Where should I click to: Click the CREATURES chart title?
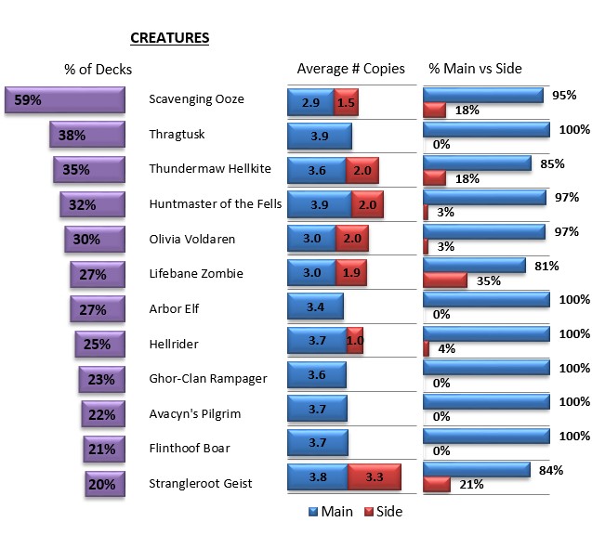pyautogui.click(x=169, y=38)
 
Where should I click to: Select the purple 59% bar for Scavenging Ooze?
pyautogui.click(x=65, y=101)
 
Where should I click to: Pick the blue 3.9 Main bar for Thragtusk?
pyautogui.click(x=319, y=136)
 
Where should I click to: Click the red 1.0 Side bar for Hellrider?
pyautogui.click(x=354, y=341)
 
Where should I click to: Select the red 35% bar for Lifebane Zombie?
pyautogui.click(x=444, y=280)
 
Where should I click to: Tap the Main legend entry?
pyautogui.click(x=330, y=511)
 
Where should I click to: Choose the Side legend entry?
pyautogui.click(x=382, y=511)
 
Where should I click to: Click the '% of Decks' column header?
pyautogui.click(x=98, y=69)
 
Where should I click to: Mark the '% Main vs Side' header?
pyautogui.click(x=475, y=69)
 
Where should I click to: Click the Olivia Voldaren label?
pyautogui.click(x=191, y=239)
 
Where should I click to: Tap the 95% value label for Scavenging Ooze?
pyautogui.click(x=564, y=96)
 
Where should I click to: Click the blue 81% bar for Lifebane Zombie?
pyautogui.click(x=473, y=265)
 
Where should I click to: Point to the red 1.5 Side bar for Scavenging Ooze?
pyautogui.click(x=346, y=102)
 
